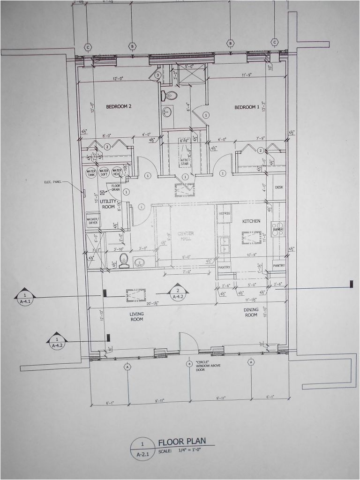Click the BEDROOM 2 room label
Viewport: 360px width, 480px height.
[118, 106]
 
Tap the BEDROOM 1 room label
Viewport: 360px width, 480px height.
[247, 107]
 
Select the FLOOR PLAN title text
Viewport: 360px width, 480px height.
[182, 442]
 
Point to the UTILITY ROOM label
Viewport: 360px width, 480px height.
[107, 203]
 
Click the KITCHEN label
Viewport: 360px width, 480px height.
[251, 221]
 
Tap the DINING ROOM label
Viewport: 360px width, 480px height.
[251, 312]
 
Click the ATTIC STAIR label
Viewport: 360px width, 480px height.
[185, 162]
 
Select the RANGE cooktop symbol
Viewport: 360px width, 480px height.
[277, 228]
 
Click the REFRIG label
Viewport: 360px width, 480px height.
[224, 213]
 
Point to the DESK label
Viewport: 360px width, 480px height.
[279, 187]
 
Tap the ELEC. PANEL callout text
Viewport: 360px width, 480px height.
[53, 182]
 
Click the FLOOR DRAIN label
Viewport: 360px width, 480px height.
[116, 187]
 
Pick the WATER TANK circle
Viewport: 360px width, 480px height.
[91, 172]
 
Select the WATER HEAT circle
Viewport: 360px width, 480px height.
[117, 172]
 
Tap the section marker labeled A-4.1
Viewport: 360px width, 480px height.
[23, 298]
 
